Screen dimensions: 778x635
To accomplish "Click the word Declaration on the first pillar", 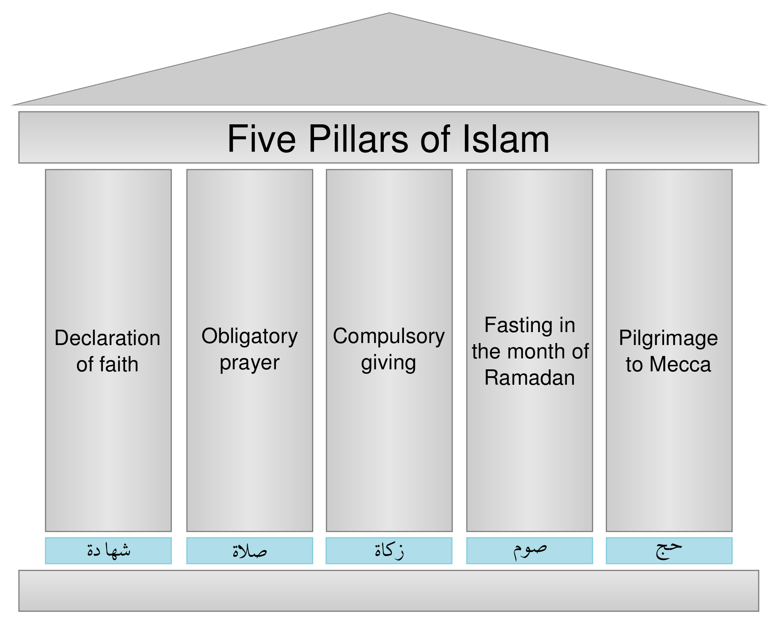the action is coord(107,338).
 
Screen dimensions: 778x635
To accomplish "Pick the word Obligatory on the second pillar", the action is coord(250,337).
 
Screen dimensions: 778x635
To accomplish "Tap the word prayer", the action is coord(250,363).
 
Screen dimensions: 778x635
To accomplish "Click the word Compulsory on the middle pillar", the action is coord(389,337).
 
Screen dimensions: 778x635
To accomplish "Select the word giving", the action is coord(389,363).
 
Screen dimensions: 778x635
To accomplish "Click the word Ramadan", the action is coord(530,377).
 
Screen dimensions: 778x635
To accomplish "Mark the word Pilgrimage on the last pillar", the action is coord(669,339).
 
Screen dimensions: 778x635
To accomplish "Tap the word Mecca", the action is coord(680,364).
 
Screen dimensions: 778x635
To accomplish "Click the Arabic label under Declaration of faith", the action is coord(109,550).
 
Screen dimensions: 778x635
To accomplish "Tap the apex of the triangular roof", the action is coord(389,13).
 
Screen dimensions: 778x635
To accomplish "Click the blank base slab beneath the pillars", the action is coord(389,591).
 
